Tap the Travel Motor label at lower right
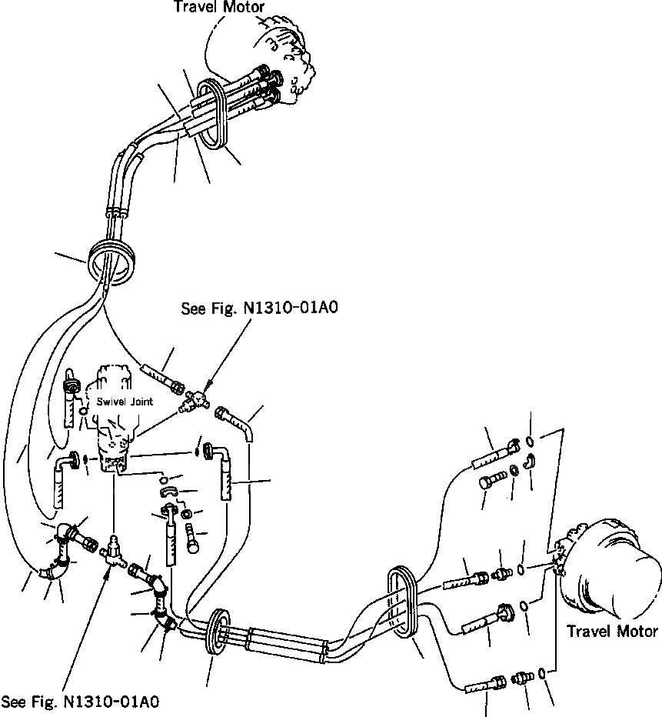point(612,632)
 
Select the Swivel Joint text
point(125,402)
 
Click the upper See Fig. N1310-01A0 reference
point(260,308)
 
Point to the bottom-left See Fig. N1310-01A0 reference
point(81,702)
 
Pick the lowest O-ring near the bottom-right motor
point(544,674)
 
